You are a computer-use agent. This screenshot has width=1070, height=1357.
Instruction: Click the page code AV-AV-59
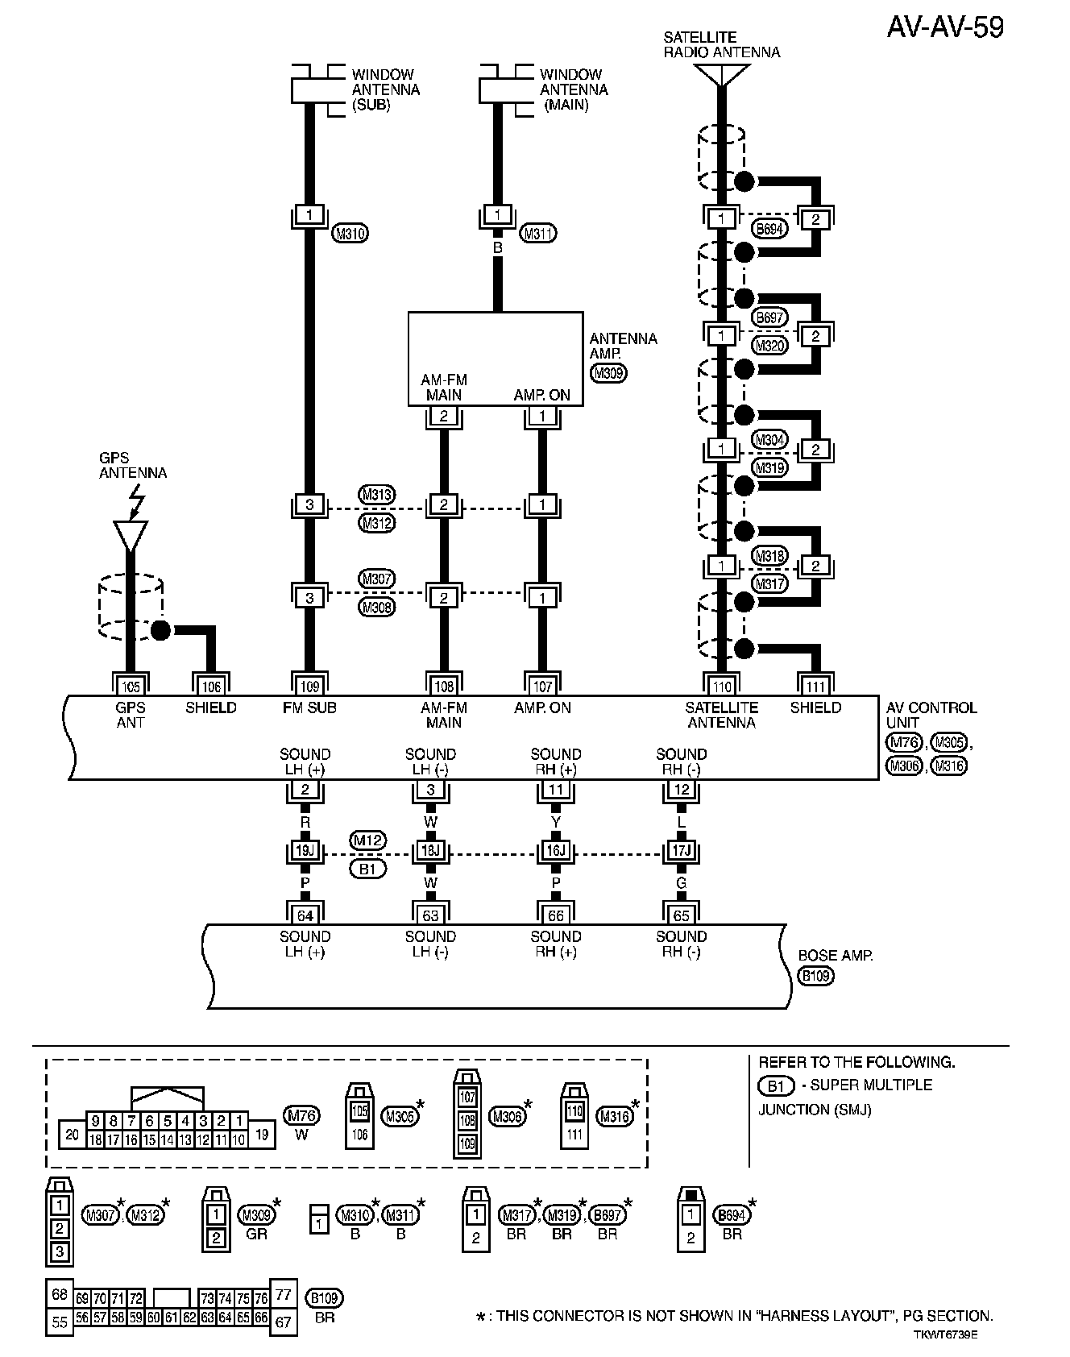(945, 27)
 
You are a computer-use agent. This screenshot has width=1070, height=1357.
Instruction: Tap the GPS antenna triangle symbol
(131, 534)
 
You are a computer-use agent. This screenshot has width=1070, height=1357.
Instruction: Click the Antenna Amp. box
(495, 359)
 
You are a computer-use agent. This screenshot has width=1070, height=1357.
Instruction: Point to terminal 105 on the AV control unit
(131, 686)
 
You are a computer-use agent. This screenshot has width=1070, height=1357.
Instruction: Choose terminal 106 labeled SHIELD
(211, 686)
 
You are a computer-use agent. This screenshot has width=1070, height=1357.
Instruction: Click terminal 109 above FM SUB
(309, 686)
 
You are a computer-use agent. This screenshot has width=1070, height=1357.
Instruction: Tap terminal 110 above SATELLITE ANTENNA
(722, 686)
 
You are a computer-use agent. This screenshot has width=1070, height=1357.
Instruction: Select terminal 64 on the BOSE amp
(305, 915)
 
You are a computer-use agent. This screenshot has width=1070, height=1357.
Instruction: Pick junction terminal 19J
(305, 851)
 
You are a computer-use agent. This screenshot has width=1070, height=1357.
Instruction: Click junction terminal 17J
(682, 851)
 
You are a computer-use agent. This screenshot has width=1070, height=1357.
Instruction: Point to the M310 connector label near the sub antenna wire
(350, 234)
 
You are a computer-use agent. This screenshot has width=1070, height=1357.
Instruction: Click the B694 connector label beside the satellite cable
(769, 229)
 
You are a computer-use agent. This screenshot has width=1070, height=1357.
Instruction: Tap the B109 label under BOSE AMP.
(815, 976)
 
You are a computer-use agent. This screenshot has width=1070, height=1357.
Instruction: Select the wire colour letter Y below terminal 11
(556, 822)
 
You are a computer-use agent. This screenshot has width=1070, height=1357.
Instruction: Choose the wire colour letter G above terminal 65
(682, 883)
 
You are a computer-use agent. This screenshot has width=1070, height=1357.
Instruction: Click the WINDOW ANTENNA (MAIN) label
(573, 89)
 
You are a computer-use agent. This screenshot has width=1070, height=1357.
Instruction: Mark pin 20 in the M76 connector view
(73, 1135)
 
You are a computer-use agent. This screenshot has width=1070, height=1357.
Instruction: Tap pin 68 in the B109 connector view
(59, 1295)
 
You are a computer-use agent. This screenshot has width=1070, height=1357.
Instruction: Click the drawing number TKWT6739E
(945, 1334)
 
